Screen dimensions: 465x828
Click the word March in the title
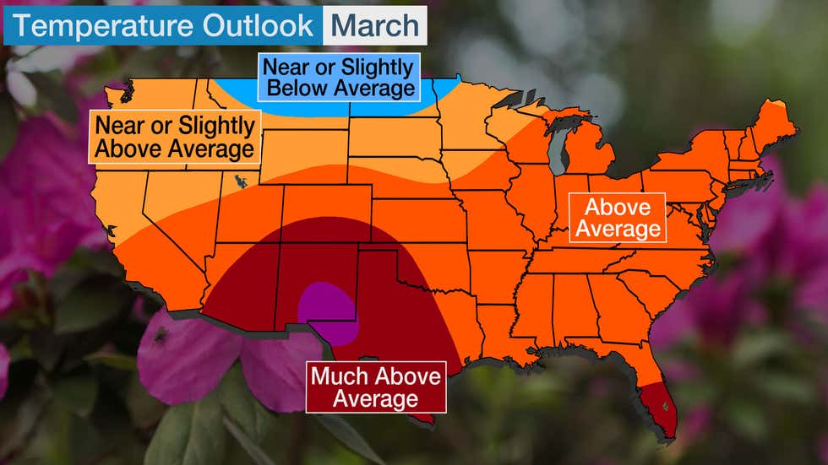coord(373,25)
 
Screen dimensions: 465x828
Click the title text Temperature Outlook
coord(162,25)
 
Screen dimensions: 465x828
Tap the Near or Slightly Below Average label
coord(338,77)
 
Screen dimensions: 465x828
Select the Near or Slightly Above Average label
coord(175,138)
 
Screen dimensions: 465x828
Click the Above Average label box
coord(617,218)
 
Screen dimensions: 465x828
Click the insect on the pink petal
coord(161,335)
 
